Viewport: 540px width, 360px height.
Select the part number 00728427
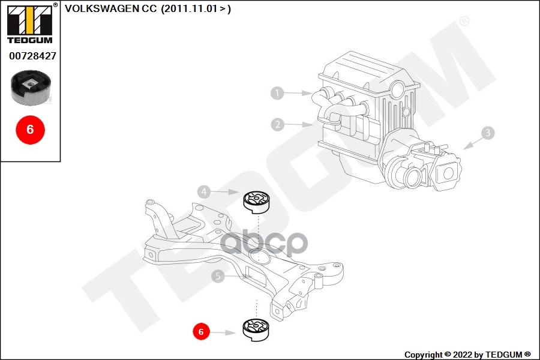pyautogui.click(x=32, y=56)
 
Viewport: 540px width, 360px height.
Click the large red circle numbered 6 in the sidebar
pyautogui.click(x=30, y=129)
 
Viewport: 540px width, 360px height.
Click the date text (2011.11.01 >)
pyautogui.click(x=196, y=8)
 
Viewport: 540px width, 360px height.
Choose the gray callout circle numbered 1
pyautogui.click(x=277, y=93)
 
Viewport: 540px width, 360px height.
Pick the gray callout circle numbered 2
pyautogui.click(x=277, y=125)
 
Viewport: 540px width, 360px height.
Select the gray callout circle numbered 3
pyautogui.click(x=488, y=133)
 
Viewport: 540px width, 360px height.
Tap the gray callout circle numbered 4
pyautogui.click(x=205, y=192)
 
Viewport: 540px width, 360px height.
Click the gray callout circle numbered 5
pyautogui.click(x=218, y=276)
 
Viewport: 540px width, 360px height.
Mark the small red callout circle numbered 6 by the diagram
pyautogui.click(x=201, y=331)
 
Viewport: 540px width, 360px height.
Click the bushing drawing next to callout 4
pyautogui.click(x=256, y=201)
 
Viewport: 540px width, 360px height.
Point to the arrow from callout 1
pyautogui.click(x=296, y=93)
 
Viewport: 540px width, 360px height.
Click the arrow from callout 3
pyautogui.click(x=472, y=142)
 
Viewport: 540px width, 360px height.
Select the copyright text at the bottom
pyautogui.click(x=467, y=355)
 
